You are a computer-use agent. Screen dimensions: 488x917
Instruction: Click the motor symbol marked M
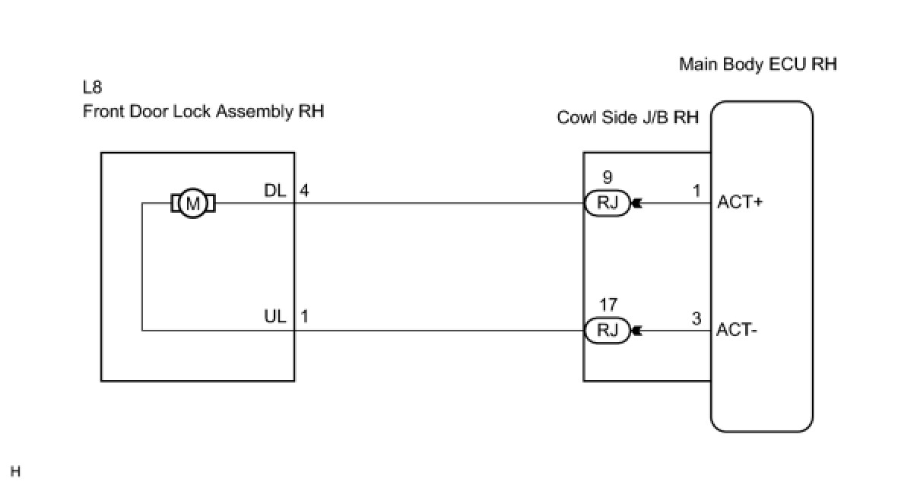[193, 204]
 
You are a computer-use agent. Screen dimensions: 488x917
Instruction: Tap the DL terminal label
[274, 192]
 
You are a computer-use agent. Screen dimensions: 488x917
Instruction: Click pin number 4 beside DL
[304, 192]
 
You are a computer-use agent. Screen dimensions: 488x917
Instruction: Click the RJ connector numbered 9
[607, 204]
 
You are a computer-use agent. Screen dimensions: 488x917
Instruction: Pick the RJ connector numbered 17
[607, 331]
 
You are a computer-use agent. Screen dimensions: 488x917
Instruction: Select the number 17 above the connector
[608, 306]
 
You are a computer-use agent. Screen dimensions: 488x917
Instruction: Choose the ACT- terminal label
[734, 330]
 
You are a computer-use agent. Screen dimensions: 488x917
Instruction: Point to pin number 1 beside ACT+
[696, 192]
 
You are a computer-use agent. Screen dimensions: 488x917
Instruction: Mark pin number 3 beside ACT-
[696, 318]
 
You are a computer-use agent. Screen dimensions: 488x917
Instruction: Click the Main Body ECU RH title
[757, 64]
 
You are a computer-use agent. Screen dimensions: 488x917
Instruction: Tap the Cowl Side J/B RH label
[627, 118]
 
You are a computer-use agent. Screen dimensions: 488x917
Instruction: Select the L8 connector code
[92, 87]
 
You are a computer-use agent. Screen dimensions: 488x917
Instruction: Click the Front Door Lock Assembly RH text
[203, 112]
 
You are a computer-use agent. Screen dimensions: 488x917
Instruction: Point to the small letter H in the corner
[15, 473]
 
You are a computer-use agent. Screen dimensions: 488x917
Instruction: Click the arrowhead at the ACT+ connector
[636, 204]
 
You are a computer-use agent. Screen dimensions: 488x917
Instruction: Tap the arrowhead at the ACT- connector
[636, 331]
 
